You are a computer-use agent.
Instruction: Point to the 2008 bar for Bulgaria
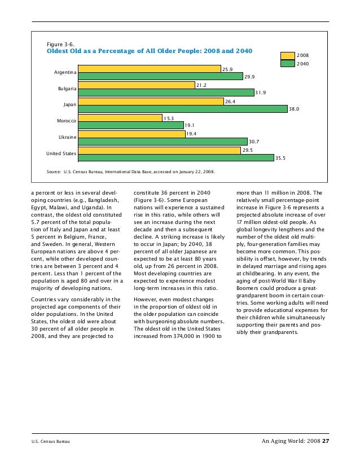pyautogui.click(x=137, y=85)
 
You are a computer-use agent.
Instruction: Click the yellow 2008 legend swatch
pyautogui.click(x=288, y=55)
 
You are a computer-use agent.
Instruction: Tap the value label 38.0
pyautogui.click(x=293, y=109)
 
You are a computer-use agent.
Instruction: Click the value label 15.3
pyautogui.click(x=169, y=118)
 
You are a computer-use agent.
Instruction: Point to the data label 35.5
pyautogui.click(x=280, y=158)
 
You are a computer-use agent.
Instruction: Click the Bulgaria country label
pyautogui.click(x=67, y=89)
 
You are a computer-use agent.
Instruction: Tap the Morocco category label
pyautogui.click(x=67, y=121)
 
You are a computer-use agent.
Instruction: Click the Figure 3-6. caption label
pyautogui.click(x=59, y=43)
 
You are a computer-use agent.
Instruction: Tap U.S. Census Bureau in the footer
pyautogui.click(x=50, y=442)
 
